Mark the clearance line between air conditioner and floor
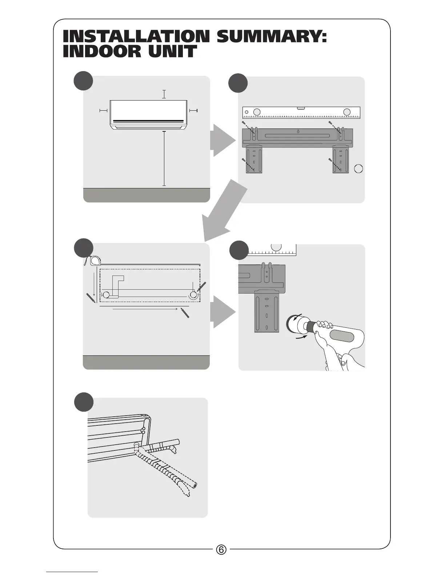point(164,158)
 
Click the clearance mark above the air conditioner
point(164,94)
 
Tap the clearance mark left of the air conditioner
point(104,110)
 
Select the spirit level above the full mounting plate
point(301,113)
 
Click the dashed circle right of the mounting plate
point(358,169)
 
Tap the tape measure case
point(95,261)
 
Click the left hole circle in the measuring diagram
point(106,295)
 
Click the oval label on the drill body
point(341,335)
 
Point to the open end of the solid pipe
point(195,485)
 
